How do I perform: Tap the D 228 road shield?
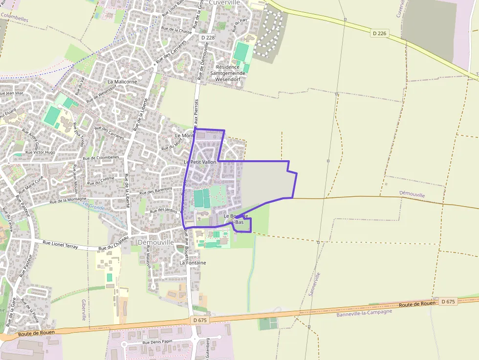click(x=208, y=38)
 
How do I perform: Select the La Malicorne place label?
click(x=122, y=82)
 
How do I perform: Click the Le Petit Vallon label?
click(x=200, y=162)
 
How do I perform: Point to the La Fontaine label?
click(x=193, y=263)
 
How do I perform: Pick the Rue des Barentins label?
click(x=156, y=191)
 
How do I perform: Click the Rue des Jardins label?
click(x=163, y=211)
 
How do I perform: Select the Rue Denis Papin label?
click(x=157, y=342)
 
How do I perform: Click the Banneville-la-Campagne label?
click(x=364, y=313)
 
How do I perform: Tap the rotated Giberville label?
click(x=84, y=310)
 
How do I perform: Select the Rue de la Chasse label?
click(x=176, y=30)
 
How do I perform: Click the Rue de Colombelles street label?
click(x=101, y=158)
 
